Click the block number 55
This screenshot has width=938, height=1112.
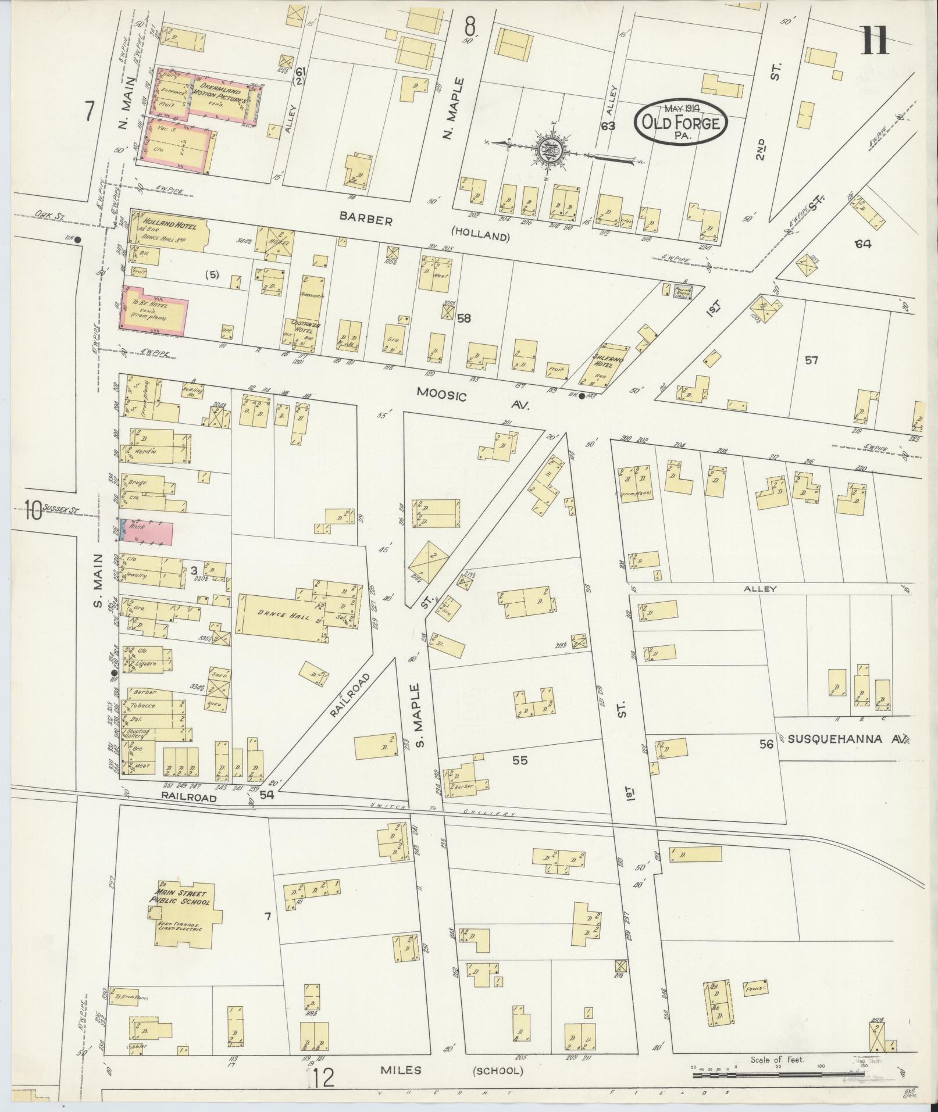pos(520,760)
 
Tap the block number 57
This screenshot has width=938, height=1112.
pos(812,360)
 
